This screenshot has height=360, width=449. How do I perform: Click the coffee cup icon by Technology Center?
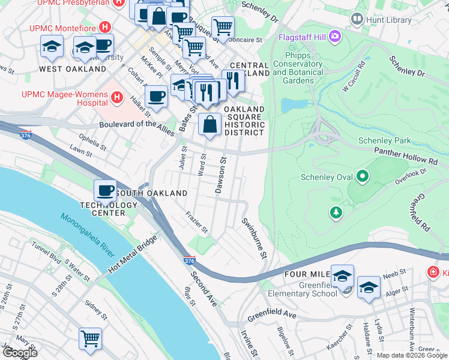(105, 191)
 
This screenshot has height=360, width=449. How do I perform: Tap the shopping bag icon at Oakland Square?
(209, 125)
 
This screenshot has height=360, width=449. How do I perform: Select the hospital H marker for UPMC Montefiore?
(106, 28)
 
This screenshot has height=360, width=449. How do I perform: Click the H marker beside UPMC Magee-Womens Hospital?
(116, 97)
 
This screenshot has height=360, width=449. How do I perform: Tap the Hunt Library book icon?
(357, 19)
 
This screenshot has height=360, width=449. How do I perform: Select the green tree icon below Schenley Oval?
(336, 212)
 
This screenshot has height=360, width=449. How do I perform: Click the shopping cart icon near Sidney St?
(90, 338)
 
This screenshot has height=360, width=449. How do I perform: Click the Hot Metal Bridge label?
(133, 256)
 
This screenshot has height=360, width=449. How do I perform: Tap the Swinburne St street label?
(254, 238)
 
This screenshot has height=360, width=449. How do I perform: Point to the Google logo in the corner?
(20, 352)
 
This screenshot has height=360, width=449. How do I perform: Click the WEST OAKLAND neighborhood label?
(64, 70)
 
